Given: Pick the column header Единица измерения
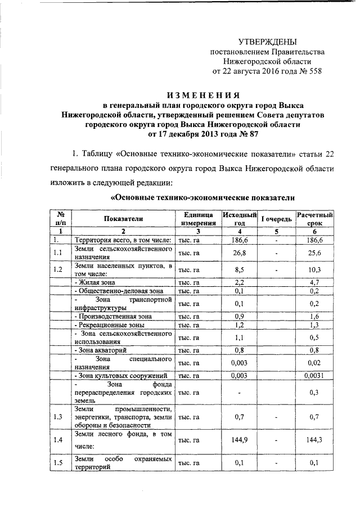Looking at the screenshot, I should pyautogui.click(x=196, y=218).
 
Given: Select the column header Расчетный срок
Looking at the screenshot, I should pyautogui.click(x=315, y=218).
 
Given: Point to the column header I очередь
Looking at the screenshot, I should pyautogui.click(x=276, y=218).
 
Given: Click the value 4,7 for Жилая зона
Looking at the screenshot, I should pyautogui.click(x=315, y=282).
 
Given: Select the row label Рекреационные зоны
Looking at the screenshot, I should pyautogui.click(x=110, y=325).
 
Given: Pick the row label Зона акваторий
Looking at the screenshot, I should pyautogui.click(x=100, y=350).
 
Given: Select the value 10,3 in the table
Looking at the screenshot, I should pyautogui.click(x=315, y=269).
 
